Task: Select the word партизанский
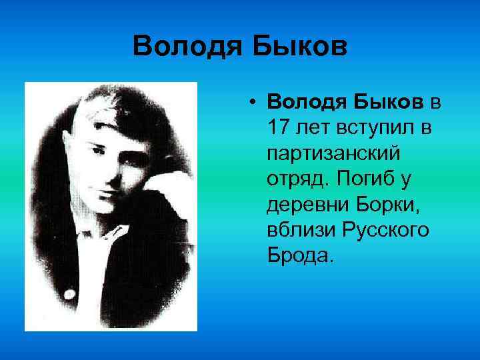pos(333,153)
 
